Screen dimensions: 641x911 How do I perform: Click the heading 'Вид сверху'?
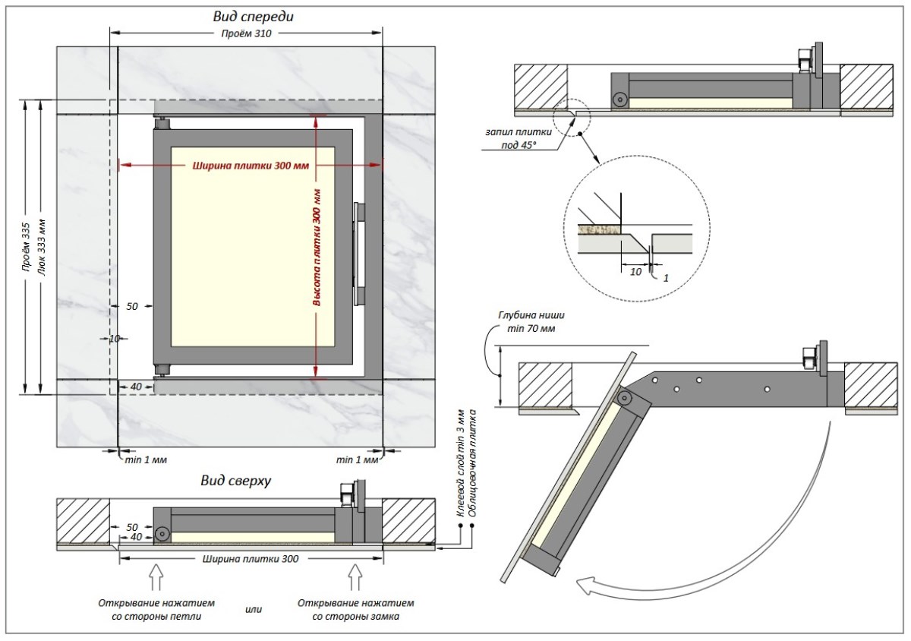236,480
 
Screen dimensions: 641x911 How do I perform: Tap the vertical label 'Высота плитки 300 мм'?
317,247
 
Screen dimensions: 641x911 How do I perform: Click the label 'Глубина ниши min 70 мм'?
531,321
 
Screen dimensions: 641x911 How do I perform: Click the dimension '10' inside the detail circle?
635,270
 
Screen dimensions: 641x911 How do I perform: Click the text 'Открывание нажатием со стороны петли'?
156,609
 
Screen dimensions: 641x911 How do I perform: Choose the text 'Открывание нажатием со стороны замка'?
355,609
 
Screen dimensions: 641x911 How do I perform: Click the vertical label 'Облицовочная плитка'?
472,463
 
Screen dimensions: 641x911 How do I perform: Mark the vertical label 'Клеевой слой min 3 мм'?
460,463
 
